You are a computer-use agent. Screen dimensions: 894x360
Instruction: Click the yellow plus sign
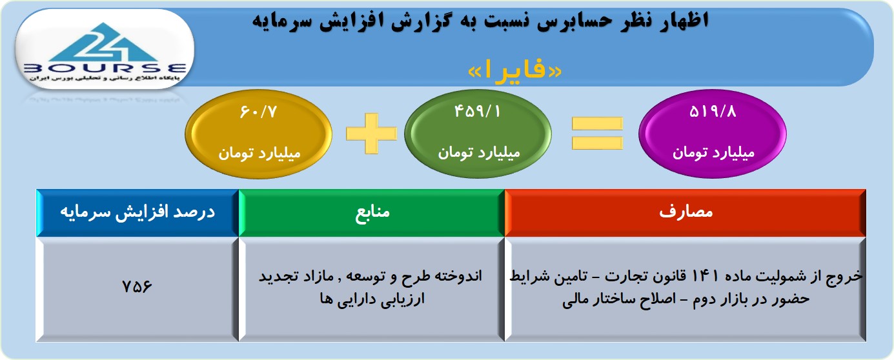(371, 134)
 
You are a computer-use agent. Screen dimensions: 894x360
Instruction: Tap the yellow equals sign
(597, 134)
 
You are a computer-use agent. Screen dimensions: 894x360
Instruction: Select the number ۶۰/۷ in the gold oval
(258, 112)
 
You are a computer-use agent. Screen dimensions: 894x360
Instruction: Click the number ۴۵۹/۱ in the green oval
(477, 112)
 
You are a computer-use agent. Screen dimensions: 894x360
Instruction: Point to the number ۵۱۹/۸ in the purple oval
(713, 112)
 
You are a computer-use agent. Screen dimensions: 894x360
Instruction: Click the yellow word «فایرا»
(514, 70)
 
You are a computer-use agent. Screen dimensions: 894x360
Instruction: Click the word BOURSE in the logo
(105, 68)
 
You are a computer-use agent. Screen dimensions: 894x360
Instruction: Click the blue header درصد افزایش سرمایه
(137, 213)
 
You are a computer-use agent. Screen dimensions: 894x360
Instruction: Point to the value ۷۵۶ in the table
(137, 286)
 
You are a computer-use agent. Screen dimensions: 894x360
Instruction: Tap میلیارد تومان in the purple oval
(714, 153)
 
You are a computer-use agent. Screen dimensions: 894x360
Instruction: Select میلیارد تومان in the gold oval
(259, 154)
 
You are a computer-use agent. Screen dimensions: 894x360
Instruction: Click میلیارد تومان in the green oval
(479, 153)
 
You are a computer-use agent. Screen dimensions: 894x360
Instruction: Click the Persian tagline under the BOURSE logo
(105, 79)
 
